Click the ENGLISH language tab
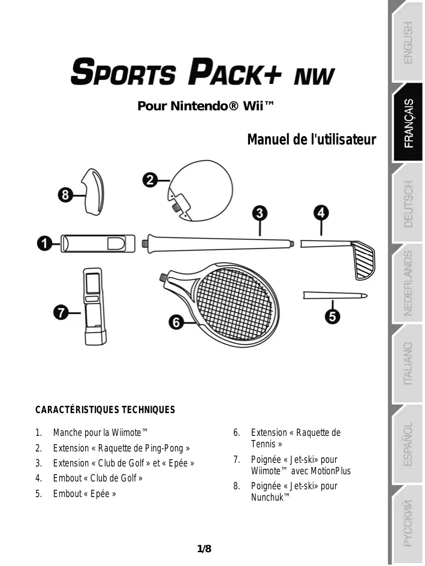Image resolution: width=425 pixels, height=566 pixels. [408, 43]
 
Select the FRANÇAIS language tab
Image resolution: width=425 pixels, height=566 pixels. [408, 123]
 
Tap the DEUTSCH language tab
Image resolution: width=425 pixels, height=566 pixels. [408, 203]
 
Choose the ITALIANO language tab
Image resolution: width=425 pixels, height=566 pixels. [408, 363]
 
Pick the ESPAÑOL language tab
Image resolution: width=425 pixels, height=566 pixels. [408, 443]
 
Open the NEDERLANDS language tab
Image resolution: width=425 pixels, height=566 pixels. [408, 283]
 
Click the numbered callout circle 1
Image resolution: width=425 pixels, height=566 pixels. [43, 243]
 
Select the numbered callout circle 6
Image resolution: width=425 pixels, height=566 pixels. [176, 322]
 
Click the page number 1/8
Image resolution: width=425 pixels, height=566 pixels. [204, 549]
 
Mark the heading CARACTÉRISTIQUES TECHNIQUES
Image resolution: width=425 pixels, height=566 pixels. [106, 410]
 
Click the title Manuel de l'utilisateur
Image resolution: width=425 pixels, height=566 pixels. [311, 140]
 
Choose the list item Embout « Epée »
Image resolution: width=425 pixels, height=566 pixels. [84, 493]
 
